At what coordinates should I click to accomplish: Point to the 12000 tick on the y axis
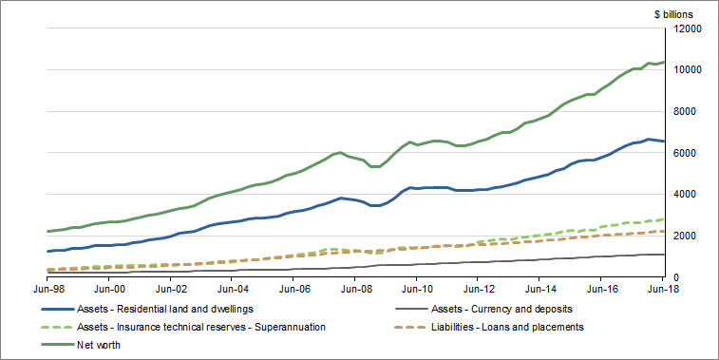(x=687, y=28)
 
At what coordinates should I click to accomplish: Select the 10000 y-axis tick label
(x=687, y=70)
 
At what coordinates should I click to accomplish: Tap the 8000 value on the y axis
(x=689, y=111)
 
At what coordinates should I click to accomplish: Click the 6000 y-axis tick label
(x=689, y=153)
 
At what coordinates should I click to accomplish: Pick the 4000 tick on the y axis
(x=689, y=194)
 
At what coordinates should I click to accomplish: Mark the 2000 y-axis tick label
(x=689, y=236)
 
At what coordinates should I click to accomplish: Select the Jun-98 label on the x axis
(x=48, y=288)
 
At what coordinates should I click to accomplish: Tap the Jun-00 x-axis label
(x=110, y=288)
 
